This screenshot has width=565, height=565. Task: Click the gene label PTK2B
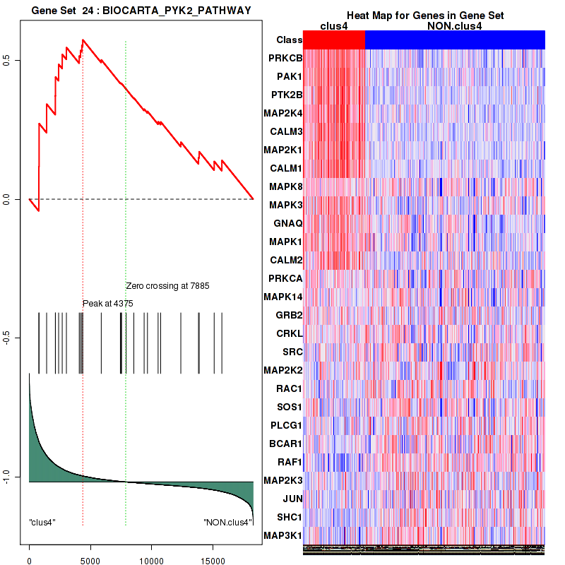pos(286,95)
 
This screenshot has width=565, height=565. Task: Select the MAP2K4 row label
pos(282,113)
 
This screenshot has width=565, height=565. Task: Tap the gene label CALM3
pos(286,131)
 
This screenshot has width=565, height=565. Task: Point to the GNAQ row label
pos(287,223)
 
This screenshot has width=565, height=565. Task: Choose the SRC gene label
pos(292,352)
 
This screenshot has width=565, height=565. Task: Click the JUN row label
pos(292,499)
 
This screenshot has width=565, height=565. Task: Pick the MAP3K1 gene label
pos(284,535)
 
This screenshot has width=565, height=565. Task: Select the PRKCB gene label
pos(285,58)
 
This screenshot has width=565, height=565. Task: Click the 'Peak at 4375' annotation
pos(108,303)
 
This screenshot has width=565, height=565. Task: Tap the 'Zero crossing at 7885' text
pos(168,286)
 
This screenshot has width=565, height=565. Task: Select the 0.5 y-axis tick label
pos(16,61)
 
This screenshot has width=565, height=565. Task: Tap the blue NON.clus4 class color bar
pos(455,40)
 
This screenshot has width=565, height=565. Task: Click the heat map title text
pos(424,16)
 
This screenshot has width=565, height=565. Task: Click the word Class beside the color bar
pos(290,40)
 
